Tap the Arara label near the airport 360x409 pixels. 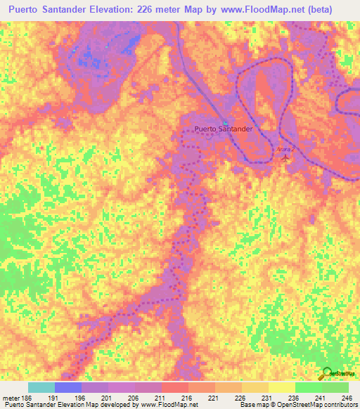[284, 149]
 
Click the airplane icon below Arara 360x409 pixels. [285, 158]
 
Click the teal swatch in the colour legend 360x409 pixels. [41, 388]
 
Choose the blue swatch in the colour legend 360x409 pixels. [68, 388]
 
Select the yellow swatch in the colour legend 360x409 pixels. [282, 388]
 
